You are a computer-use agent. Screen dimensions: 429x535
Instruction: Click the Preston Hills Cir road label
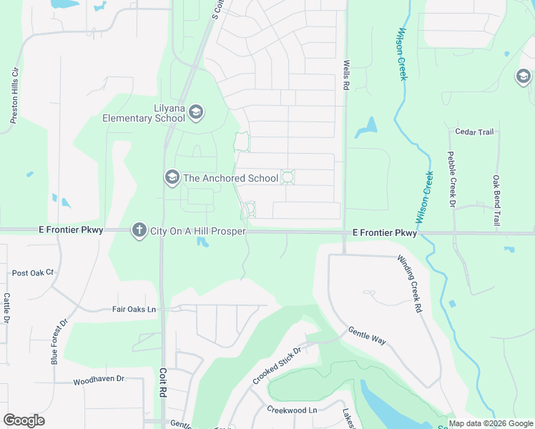tap(14, 97)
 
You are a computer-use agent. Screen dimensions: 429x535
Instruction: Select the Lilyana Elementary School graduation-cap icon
tap(196, 112)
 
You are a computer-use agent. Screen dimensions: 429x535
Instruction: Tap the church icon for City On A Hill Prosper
tap(139, 230)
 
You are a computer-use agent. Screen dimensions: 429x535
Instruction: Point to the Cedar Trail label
tap(475, 132)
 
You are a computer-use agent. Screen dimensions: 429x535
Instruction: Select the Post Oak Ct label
tap(33, 273)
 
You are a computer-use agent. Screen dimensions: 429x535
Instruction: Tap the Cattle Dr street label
tap(6, 308)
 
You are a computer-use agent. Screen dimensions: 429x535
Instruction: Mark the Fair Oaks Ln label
tap(134, 309)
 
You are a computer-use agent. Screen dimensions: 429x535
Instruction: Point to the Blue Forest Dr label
tap(59, 342)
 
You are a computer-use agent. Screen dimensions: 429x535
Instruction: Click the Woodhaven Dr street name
tap(98, 381)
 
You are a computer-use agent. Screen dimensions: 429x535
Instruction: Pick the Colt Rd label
tap(163, 383)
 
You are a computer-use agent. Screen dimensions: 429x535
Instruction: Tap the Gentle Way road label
tap(367, 336)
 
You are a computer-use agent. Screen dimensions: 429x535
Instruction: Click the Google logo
tap(24, 420)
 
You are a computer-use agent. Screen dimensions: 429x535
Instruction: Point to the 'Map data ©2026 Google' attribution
tap(491, 423)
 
